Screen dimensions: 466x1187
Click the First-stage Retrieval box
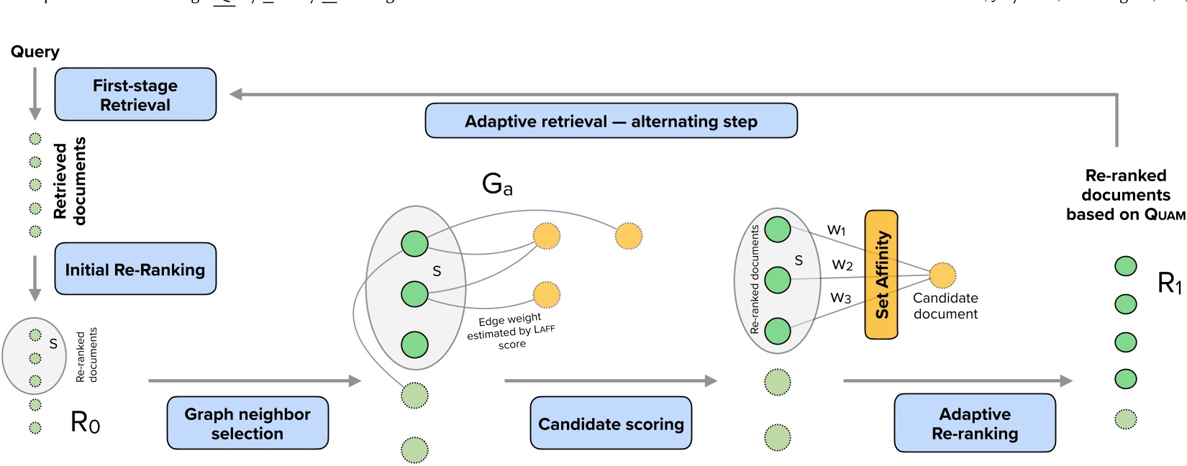(x=135, y=94)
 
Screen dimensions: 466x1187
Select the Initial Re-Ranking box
(x=135, y=269)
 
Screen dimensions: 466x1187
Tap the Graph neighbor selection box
(x=247, y=423)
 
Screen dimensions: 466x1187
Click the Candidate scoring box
(x=611, y=424)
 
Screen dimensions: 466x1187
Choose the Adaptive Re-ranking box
(x=975, y=423)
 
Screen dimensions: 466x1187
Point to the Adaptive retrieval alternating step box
(x=611, y=121)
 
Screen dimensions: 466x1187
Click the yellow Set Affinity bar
(x=881, y=274)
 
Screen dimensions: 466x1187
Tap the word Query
(x=35, y=52)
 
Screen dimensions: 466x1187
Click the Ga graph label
(x=497, y=184)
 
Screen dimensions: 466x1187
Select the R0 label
(x=86, y=422)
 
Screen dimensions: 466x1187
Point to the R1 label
(x=1170, y=283)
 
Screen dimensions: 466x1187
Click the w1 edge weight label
(x=837, y=230)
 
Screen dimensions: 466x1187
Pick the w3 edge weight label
(x=840, y=297)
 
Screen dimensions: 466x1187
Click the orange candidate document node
(x=942, y=275)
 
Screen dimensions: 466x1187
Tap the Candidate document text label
(x=945, y=306)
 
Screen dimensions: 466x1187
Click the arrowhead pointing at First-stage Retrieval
(x=236, y=94)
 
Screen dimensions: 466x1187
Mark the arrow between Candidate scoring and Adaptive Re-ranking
(x=957, y=380)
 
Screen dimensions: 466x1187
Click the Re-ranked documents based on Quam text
(x=1125, y=195)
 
